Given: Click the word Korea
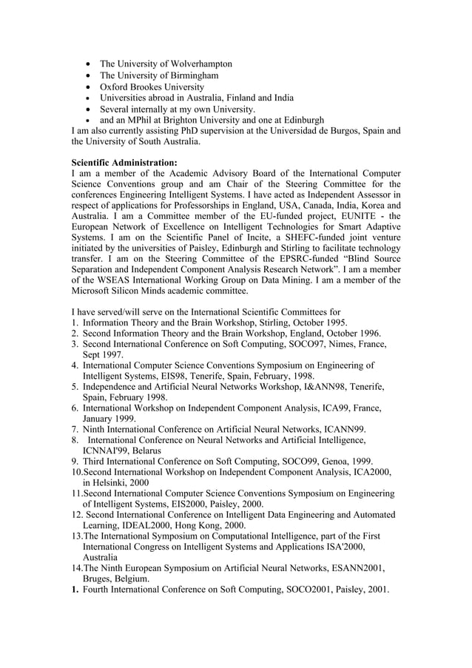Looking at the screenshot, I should (x=377, y=205).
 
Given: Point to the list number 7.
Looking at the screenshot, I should (x=75, y=429).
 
